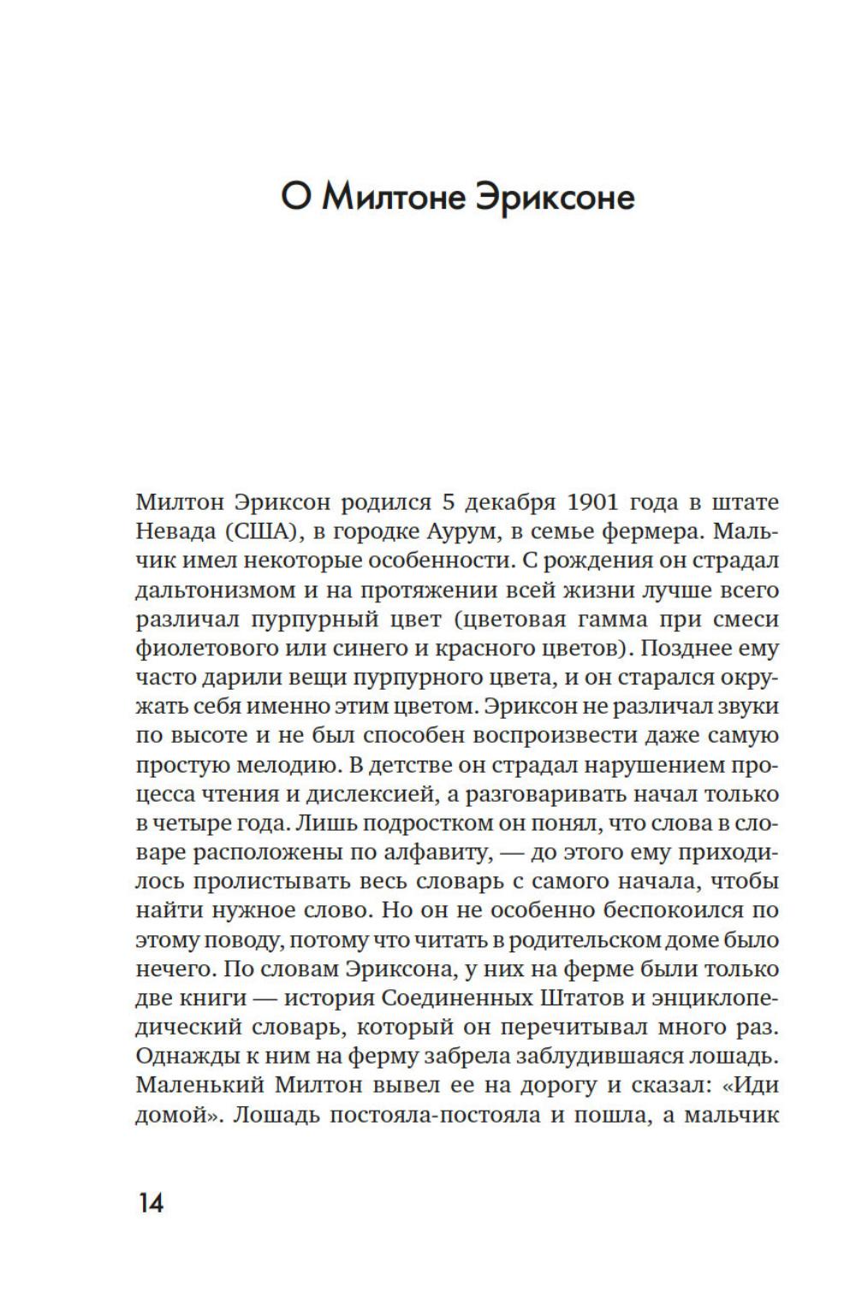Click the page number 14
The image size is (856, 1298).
point(150,1203)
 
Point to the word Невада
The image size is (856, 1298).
point(169,531)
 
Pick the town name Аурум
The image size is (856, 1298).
point(461,531)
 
